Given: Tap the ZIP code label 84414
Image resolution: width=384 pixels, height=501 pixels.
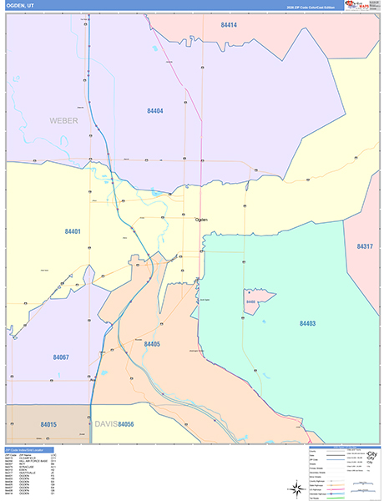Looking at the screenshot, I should click(x=229, y=26).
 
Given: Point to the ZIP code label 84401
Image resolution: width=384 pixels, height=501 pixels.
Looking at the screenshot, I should click(x=72, y=231).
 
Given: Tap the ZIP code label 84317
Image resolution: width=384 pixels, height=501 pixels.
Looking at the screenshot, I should click(x=365, y=246).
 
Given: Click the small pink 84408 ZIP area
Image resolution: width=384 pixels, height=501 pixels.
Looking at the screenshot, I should click(x=251, y=301).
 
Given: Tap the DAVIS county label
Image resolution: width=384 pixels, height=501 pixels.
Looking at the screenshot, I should click(x=104, y=424).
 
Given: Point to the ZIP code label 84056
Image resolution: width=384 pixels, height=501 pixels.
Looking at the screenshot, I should click(x=126, y=424).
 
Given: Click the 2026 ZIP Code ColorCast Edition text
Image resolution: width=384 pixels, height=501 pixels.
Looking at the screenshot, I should click(x=303, y=6).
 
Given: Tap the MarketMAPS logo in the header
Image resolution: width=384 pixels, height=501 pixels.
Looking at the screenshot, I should click(x=356, y=5).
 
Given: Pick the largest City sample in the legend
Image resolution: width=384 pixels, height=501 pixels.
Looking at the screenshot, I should click(x=371, y=453).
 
